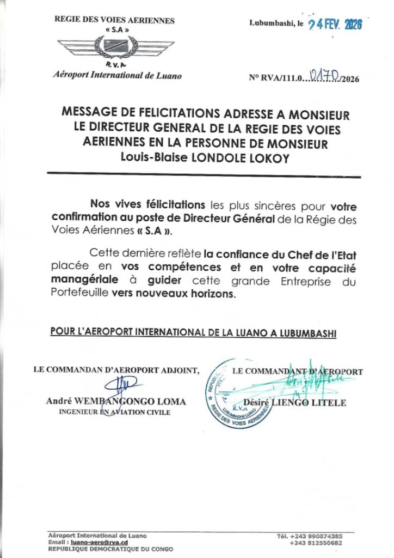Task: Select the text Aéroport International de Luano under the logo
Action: coord(118,76)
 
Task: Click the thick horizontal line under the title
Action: coord(204,175)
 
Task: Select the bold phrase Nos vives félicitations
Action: coord(147,205)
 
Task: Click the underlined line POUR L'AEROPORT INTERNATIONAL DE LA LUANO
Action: coord(193,332)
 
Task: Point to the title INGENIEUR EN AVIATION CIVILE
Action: coord(114,413)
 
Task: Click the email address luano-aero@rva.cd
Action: coord(97,542)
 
